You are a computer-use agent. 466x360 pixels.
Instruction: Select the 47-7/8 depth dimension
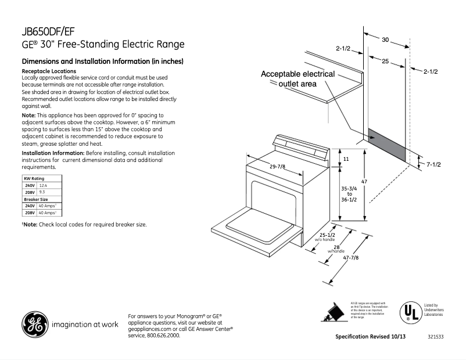(350, 258)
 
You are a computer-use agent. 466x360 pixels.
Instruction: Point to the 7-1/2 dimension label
(434, 165)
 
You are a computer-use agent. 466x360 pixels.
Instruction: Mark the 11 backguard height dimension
(345, 159)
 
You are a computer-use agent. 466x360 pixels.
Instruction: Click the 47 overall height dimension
(364, 182)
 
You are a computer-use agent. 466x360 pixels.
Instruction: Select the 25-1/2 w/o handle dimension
(325, 235)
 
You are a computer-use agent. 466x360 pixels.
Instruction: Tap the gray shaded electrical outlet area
(386, 145)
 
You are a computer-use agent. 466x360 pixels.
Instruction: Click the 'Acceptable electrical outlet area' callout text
(297, 79)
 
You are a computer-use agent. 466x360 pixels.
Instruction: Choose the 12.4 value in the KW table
(43, 185)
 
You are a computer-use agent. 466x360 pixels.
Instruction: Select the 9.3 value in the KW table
(42, 192)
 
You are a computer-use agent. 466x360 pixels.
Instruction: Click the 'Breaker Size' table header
(35, 199)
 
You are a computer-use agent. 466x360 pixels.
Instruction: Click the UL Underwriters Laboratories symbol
(409, 312)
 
